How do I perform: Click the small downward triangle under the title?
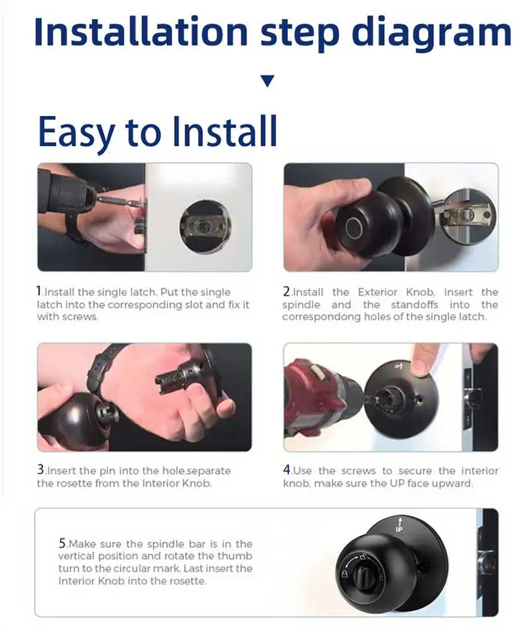click(267, 81)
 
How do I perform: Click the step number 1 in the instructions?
click(40, 292)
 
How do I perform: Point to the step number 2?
click(287, 292)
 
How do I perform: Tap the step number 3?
click(41, 470)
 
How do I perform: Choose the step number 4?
click(287, 470)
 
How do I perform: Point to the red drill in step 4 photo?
click(316, 397)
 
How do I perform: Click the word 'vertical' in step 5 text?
click(77, 556)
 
